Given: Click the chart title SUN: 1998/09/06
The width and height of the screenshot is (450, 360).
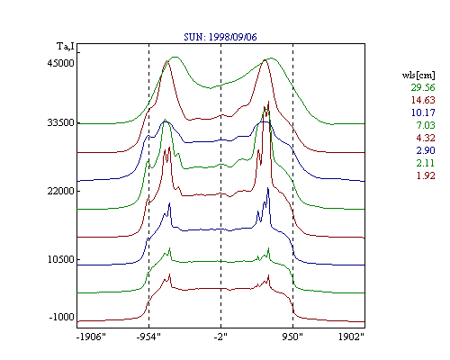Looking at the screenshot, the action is tap(220, 37).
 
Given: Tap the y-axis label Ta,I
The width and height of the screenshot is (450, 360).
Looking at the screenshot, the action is tap(66, 47).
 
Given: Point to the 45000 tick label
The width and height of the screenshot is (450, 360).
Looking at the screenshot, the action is tap(60, 63).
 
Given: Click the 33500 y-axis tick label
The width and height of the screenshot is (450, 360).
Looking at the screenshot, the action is tap(60, 122).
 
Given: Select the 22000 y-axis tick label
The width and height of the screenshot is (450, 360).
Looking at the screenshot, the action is tap(60, 191).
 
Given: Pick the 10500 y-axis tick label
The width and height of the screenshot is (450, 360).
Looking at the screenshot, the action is tap(60, 259).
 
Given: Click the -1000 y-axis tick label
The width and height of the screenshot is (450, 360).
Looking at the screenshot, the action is tap(61, 317).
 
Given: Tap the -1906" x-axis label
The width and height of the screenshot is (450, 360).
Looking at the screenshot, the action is tap(91, 337).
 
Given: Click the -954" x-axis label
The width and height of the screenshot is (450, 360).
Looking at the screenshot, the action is tap(148, 337).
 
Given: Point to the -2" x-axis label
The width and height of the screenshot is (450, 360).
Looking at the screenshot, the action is tap(220, 337).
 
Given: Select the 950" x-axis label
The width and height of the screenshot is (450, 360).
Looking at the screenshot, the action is tap(292, 337).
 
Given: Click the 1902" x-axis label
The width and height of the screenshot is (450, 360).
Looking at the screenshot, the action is tap(351, 337).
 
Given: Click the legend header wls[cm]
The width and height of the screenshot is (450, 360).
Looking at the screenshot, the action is tap(418, 76).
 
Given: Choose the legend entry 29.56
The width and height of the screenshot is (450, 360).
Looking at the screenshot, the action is tap(423, 87).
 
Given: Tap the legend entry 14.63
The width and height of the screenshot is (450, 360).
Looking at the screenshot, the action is tap(423, 100).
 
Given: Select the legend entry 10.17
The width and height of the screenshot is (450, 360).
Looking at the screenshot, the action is tap(423, 112).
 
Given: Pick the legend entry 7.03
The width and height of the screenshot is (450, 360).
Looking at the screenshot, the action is tap(426, 125).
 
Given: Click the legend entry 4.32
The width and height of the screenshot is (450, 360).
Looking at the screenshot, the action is tap(426, 138).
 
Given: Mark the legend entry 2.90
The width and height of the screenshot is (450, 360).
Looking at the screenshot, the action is tap(426, 150).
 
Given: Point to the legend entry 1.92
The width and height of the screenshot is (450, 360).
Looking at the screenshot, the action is tap(426, 175).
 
